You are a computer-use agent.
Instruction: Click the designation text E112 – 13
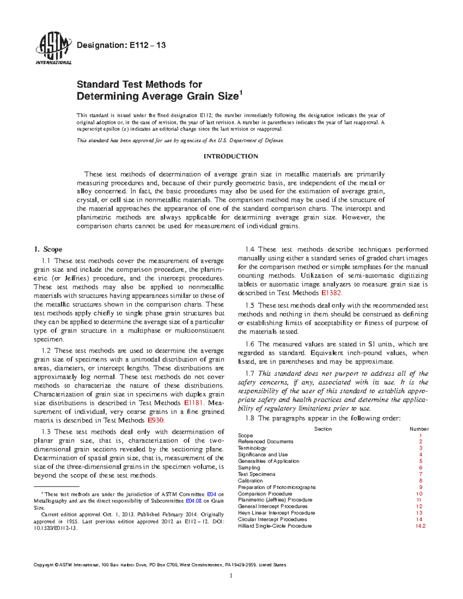click(x=121, y=45)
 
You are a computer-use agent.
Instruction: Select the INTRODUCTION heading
click(x=231, y=156)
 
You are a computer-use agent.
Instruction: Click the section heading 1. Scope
click(x=48, y=249)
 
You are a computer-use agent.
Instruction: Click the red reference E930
click(x=155, y=420)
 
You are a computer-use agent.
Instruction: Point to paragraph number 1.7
click(x=250, y=373)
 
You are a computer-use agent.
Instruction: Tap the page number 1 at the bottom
click(x=231, y=576)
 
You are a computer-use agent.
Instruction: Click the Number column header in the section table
click(x=419, y=429)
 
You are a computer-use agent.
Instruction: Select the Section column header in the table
click(x=323, y=429)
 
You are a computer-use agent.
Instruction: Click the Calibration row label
click(x=250, y=481)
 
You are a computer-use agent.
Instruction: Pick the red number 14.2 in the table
click(x=420, y=526)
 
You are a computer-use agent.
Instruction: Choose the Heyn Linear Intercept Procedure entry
click(x=276, y=513)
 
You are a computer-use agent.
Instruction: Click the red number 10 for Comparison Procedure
click(x=419, y=494)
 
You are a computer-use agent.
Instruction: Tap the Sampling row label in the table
click(x=249, y=467)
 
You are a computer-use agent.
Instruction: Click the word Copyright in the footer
click(x=44, y=565)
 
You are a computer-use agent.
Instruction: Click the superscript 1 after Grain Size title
click(x=242, y=92)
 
